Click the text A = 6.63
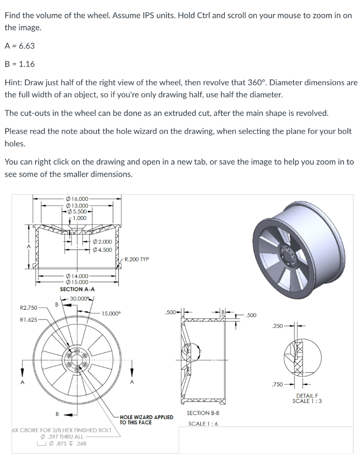tap(20, 46)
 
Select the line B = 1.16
tap(20, 64)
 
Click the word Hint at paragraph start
tap(13, 83)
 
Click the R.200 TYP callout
tap(137, 259)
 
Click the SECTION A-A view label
tap(77, 289)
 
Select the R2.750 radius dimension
tap(29, 307)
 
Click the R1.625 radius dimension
tap(29, 320)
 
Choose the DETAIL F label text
tap(307, 396)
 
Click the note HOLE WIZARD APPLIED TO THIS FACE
tap(146, 420)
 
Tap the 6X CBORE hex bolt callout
tap(61, 431)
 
